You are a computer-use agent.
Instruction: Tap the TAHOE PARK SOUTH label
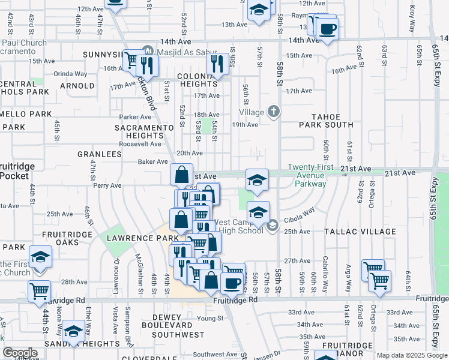point(327,121)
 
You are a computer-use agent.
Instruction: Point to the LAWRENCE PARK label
point(135,238)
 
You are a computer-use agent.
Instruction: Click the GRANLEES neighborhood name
point(99,154)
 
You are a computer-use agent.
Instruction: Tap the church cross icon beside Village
point(274,111)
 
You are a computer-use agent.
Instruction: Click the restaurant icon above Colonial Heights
point(217,63)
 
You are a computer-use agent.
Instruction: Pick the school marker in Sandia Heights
point(73,332)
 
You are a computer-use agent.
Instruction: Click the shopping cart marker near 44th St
point(40,291)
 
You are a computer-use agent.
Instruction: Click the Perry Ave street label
point(107,186)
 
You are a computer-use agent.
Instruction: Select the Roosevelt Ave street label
point(140,144)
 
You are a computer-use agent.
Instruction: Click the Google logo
point(20,353)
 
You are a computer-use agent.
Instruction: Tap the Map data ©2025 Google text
point(411,355)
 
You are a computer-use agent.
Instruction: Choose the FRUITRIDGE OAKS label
point(60,238)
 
